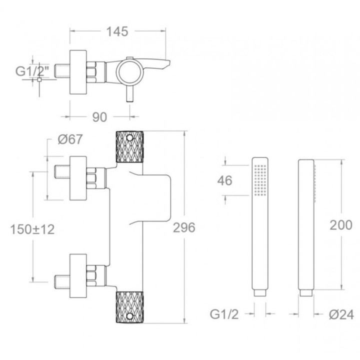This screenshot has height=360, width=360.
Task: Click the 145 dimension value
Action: (x=117, y=31)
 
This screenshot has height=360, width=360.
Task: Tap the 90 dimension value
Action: (x=99, y=117)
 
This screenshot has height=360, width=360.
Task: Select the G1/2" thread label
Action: (x=32, y=71)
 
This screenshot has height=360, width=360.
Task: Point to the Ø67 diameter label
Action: (x=70, y=139)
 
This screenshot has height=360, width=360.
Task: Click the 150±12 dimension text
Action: (x=32, y=229)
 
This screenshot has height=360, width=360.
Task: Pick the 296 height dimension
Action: (x=184, y=227)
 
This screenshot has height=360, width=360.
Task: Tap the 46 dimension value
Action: (x=225, y=180)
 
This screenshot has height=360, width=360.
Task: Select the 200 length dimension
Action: (x=341, y=225)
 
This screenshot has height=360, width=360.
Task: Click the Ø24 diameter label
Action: (x=341, y=315)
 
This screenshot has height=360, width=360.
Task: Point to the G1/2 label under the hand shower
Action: (x=224, y=314)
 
